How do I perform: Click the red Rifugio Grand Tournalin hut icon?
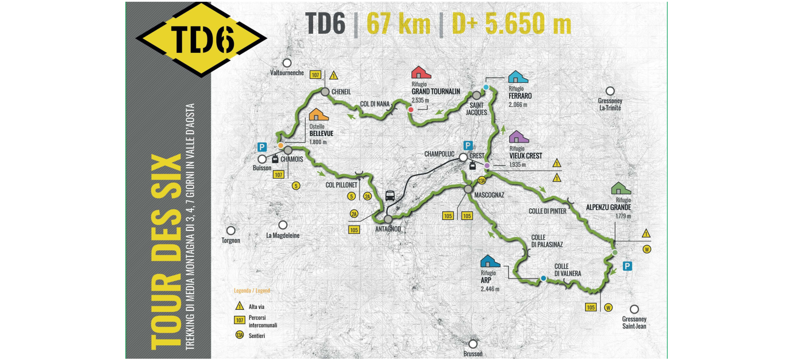421,72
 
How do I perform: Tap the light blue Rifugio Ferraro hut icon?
518,77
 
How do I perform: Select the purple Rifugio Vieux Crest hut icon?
518,137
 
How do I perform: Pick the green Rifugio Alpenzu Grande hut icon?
621,188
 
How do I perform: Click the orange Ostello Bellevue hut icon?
318,114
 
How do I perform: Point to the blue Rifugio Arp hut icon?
490,261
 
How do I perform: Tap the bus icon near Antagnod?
390,196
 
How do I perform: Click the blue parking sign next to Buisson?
262,147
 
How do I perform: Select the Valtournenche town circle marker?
287,63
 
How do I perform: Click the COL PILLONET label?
341,185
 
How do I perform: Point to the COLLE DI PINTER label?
547,211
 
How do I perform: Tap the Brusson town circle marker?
473,344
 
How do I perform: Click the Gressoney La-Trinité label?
610,104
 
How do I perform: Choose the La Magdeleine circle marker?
283,225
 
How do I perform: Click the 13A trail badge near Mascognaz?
482,181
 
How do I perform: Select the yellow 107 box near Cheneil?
315,75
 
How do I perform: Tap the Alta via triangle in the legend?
240,306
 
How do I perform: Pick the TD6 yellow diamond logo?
201,39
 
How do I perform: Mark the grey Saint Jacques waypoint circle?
476,95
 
